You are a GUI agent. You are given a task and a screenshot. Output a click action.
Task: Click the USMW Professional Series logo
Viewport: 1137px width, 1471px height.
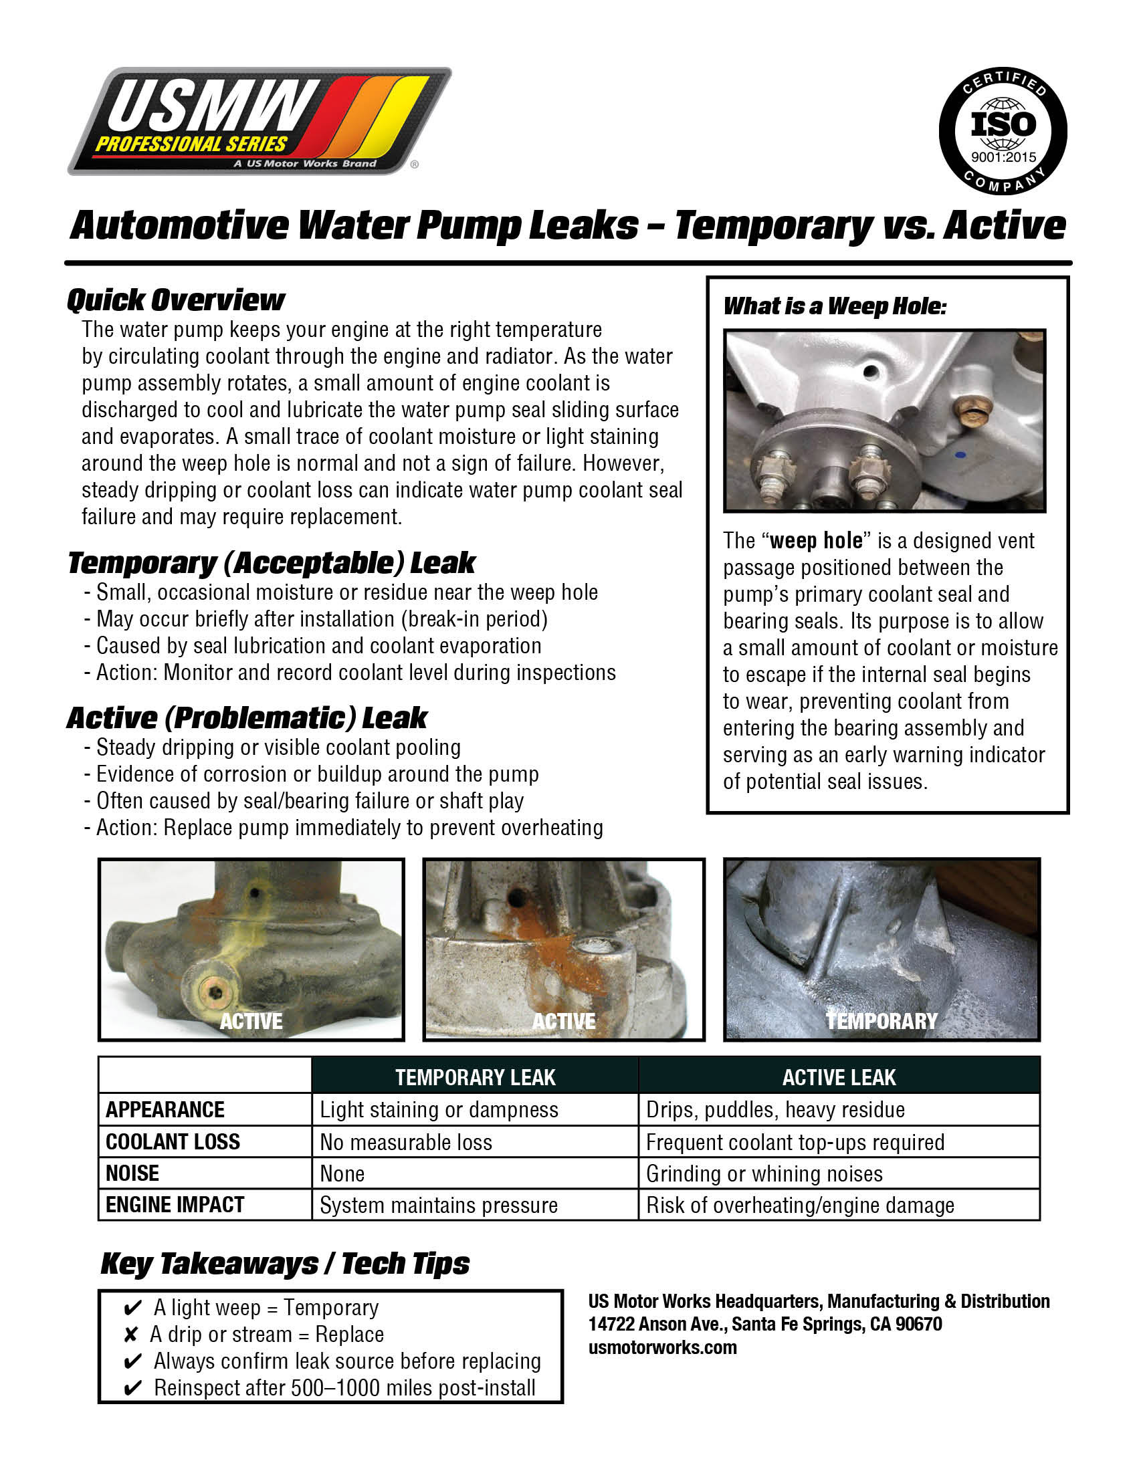point(260,121)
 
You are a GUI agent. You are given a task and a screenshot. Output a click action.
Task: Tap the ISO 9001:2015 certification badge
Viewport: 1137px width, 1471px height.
point(1003,130)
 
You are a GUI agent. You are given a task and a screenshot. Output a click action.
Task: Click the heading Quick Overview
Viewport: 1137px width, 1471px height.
point(176,300)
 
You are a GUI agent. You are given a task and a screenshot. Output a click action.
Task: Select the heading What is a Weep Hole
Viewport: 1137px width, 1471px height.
point(835,306)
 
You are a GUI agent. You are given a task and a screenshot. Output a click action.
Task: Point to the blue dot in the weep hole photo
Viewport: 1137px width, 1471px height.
point(960,455)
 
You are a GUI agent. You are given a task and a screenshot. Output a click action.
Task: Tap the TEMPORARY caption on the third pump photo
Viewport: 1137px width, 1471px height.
point(882,1021)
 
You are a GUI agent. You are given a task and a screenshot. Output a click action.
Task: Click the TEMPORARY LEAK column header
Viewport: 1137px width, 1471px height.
point(475,1077)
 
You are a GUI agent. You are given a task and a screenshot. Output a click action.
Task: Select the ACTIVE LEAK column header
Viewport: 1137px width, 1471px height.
point(839,1077)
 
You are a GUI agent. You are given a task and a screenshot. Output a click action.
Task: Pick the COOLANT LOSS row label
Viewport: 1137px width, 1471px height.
point(173,1141)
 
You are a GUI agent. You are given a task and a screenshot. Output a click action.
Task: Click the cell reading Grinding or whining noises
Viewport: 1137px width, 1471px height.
point(764,1173)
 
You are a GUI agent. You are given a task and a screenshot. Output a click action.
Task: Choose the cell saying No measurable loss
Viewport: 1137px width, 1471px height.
point(406,1142)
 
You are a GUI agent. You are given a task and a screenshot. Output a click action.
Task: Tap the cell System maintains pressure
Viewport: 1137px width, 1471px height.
point(439,1205)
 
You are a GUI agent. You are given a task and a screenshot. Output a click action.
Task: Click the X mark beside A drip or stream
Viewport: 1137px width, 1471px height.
point(130,1335)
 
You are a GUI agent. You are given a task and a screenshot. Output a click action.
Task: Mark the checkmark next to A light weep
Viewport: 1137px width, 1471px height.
point(132,1308)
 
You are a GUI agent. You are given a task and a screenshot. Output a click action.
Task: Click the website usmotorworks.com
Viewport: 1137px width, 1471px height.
point(662,1348)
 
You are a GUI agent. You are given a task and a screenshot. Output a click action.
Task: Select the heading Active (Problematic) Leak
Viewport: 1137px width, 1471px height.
point(247,718)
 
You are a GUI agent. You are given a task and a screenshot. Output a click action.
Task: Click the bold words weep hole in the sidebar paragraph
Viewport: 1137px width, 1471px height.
point(816,541)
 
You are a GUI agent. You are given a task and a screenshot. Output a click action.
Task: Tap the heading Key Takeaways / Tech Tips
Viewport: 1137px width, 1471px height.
point(285,1264)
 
